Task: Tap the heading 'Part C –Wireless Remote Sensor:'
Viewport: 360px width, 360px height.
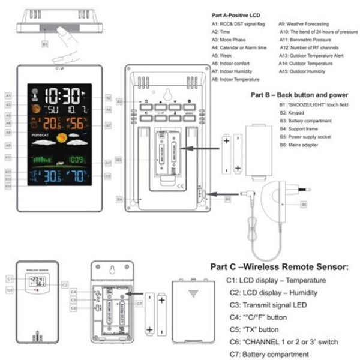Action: (x=279, y=266)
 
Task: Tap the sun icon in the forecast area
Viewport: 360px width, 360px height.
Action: (x=62, y=139)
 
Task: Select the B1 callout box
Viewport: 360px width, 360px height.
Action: (x=45, y=44)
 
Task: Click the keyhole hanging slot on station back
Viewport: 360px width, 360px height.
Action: (x=167, y=94)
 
